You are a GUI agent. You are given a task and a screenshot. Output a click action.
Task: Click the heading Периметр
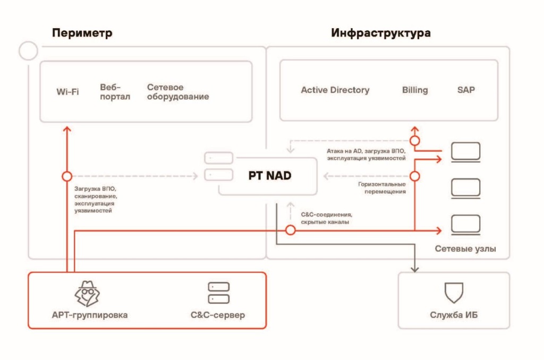(82, 33)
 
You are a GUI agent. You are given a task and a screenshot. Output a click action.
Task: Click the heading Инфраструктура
(381, 33)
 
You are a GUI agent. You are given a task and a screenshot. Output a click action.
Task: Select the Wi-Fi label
(67, 91)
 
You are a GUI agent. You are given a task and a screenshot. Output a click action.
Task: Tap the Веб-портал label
(115, 91)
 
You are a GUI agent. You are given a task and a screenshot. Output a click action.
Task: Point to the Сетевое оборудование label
(177, 91)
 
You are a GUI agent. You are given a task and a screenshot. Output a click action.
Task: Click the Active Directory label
(335, 90)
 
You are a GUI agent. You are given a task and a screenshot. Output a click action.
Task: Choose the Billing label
(414, 90)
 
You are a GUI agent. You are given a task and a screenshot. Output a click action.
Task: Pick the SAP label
(466, 90)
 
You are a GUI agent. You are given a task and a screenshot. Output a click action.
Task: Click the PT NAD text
(270, 175)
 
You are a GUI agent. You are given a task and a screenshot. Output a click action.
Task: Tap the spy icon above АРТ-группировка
(86, 293)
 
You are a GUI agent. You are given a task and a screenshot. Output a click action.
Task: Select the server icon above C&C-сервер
(218, 293)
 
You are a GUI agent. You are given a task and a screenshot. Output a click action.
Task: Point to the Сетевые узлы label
(465, 248)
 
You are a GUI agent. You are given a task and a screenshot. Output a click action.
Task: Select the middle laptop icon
(465, 187)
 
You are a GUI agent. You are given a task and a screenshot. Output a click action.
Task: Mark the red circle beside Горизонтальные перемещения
(414, 176)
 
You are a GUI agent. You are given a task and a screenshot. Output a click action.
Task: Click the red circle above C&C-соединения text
(290, 230)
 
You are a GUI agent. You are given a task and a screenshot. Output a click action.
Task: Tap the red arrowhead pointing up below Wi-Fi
(67, 129)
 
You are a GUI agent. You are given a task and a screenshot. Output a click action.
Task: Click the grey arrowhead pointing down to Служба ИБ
(414, 269)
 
